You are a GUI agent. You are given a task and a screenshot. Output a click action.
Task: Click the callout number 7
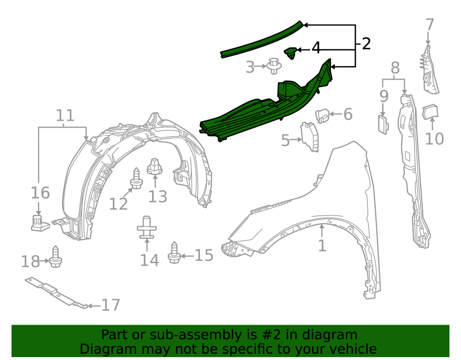point(430,25)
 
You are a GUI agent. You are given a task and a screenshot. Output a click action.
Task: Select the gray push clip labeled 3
point(274,66)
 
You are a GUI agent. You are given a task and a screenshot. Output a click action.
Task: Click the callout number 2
point(366,44)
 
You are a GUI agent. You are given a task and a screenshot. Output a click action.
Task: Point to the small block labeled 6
point(323,115)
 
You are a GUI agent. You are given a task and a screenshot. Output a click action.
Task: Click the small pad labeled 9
point(383,125)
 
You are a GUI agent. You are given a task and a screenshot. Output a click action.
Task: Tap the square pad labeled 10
point(431,112)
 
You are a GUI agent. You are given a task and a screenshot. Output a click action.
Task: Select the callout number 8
point(395,68)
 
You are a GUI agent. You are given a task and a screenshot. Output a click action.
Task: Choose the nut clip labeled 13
point(154,166)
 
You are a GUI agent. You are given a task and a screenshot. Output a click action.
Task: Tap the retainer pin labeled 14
point(147,227)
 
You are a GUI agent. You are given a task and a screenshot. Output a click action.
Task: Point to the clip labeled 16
point(39,223)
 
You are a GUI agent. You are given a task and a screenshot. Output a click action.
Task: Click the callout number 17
point(111,305)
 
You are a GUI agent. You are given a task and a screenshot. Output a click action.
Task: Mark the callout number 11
point(65,116)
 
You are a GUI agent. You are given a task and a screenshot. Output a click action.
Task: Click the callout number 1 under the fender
point(322,245)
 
